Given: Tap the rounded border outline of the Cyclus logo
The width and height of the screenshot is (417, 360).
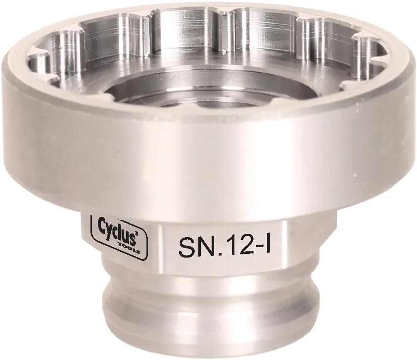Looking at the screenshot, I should pos(92,236).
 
